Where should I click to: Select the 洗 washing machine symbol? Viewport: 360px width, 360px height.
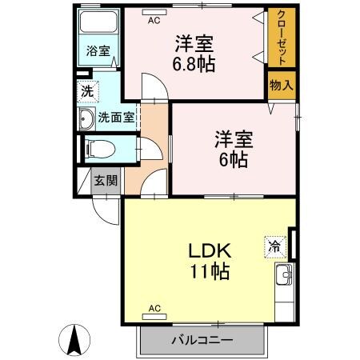pyautogui.click(x=87, y=90)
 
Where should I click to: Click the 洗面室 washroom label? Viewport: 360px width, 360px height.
pyautogui.click(x=116, y=118)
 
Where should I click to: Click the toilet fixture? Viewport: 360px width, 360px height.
pyautogui.click(x=97, y=149)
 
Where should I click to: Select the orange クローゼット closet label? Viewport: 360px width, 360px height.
pyautogui.click(x=282, y=38)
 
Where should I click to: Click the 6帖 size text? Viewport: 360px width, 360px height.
pyautogui.click(x=234, y=158)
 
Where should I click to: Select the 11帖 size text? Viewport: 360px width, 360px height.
pyautogui.click(x=210, y=272)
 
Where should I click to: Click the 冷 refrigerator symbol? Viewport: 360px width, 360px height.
pyautogui.click(x=274, y=247)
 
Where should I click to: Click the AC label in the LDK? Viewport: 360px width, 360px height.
pyautogui.click(x=154, y=307)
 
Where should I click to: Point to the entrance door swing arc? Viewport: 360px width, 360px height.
pyautogui.click(x=104, y=213)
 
